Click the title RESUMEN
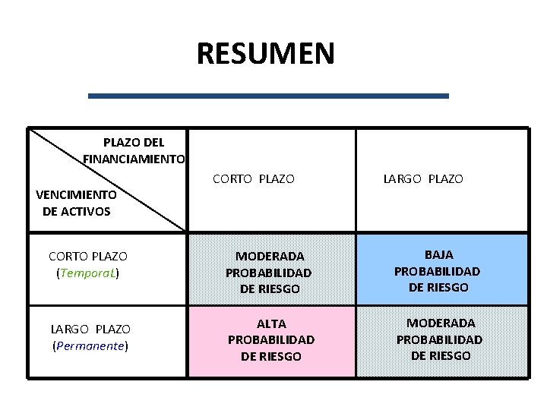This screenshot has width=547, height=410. [x=265, y=54]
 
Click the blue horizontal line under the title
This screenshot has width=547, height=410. [x=268, y=96]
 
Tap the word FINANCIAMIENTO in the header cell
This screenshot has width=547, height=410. [x=134, y=159]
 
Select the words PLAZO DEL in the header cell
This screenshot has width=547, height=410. [x=134, y=142]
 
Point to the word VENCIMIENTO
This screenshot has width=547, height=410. [x=76, y=194]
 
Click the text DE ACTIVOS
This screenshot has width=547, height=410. [x=76, y=211]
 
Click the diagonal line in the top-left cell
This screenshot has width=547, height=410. [x=106, y=179]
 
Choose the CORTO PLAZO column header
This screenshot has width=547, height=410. [x=253, y=179]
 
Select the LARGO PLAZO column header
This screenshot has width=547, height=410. [x=422, y=179]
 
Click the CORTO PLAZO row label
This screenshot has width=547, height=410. [x=87, y=257]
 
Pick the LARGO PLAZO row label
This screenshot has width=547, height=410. [x=90, y=329]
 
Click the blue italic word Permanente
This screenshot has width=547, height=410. [x=90, y=346]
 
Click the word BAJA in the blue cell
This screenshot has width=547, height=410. [x=438, y=254]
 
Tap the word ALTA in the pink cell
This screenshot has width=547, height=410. [x=271, y=323]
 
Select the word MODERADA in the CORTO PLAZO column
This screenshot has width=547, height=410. [x=270, y=257]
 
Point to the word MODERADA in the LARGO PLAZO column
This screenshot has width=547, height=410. [x=441, y=323]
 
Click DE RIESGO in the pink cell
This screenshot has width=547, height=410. [x=271, y=356]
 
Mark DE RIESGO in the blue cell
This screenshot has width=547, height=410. [x=438, y=288]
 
